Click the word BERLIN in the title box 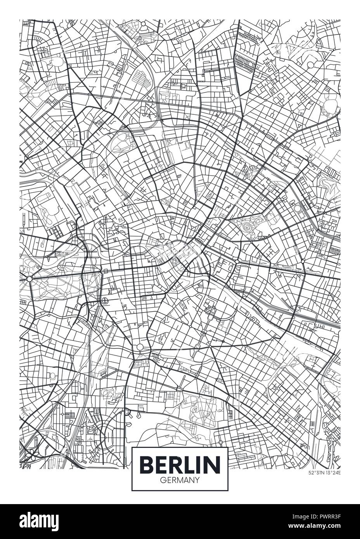180,464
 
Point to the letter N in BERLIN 213,464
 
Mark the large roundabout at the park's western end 29,279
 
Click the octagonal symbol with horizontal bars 105,300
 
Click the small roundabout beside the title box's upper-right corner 220,442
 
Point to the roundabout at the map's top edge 143,24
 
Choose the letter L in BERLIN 190,464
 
